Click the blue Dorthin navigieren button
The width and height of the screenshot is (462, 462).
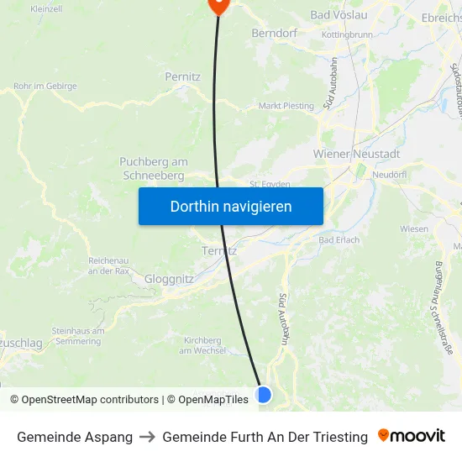coord(231,206)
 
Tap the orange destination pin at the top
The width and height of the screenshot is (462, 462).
coord(218,4)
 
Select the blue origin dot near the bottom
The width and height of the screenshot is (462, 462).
coord(263,394)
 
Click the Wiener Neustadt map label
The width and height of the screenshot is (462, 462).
coord(356,155)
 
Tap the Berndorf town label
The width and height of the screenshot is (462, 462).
coord(275,34)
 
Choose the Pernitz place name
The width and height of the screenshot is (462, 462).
coord(182,76)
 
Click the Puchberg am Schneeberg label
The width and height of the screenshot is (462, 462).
coord(153,168)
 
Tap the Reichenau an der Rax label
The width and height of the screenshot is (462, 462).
coord(108,265)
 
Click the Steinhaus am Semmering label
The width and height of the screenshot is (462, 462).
coord(77,335)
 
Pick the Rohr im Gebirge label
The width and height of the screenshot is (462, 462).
coord(45,87)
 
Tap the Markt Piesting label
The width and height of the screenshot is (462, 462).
coord(286,106)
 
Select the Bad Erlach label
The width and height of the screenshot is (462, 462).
coord(339,240)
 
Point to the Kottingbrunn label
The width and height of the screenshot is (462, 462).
coord(346,36)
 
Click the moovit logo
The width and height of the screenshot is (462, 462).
coord(412,436)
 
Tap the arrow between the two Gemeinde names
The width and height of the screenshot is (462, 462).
coord(147,437)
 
